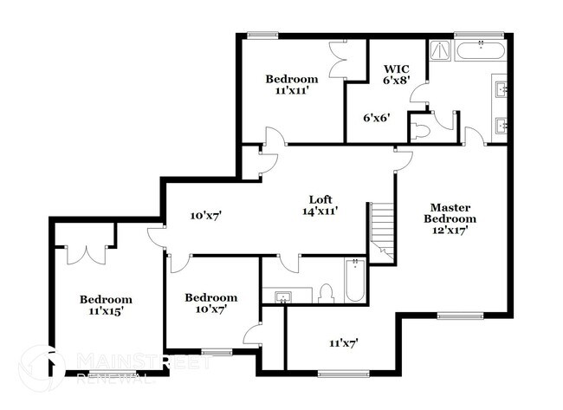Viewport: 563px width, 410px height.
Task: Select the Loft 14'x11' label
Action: (x=319, y=204)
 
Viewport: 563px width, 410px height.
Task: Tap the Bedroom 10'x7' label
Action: (x=210, y=303)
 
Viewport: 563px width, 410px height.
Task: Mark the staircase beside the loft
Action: (x=382, y=229)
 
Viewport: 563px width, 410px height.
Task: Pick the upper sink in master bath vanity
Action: (x=502, y=88)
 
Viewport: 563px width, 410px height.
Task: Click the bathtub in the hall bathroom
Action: (x=355, y=280)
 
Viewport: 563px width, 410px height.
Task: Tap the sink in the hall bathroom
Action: (x=282, y=297)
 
